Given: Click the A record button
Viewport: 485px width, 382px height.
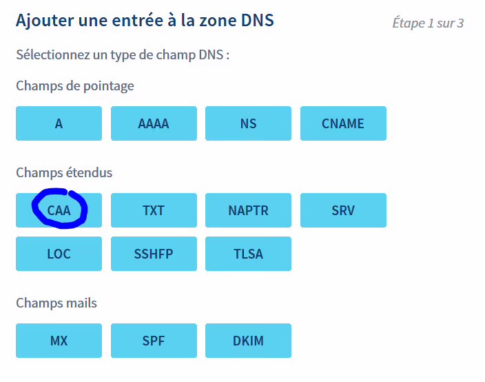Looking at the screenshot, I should pyautogui.click(x=59, y=123).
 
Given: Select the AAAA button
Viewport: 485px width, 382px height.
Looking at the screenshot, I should pyautogui.click(x=154, y=123).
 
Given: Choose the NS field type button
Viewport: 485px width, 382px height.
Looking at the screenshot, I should pyautogui.click(x=248, y=123).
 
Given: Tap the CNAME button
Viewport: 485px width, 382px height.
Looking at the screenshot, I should pyautogui.click(x=343, y=123).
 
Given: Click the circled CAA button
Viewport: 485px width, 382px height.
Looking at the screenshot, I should pyautogui.click(x=59, y=210).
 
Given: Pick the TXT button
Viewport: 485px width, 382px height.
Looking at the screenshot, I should pyautogui.click(x=154, y=210).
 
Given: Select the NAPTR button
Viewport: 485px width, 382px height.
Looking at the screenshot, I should pyautogui.click(x=248, y=210).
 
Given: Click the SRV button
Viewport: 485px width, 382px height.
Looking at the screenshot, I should pyautogui.click(x=343, y=210).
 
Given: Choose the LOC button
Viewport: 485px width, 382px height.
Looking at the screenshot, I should pyautogui.click(x=59, y=254).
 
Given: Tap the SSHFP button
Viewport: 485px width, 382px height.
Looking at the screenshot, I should pyautogui.click(x=154, y=254).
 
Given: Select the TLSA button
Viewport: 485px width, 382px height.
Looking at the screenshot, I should pyautogui.click(x=248, y=254).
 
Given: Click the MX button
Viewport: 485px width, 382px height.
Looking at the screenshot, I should pyautogui.click(x=59, y=341).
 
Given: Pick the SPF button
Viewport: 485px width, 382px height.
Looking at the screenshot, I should pyautogui.click(x=154, y=341).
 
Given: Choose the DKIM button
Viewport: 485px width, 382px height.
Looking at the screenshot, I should pyautogui.click(x=248, y=341).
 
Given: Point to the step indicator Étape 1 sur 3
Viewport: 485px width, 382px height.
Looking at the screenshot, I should pyautogui.click(x=427, y=23).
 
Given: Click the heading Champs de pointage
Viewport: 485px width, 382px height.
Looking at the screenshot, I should pyautogui.click(x=75, y=86).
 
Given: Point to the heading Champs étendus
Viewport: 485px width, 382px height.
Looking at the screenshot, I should pyautogui.click(x=64, y=172).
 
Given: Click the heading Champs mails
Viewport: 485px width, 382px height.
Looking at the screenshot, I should pyautogui.click(x=56, y=303).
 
